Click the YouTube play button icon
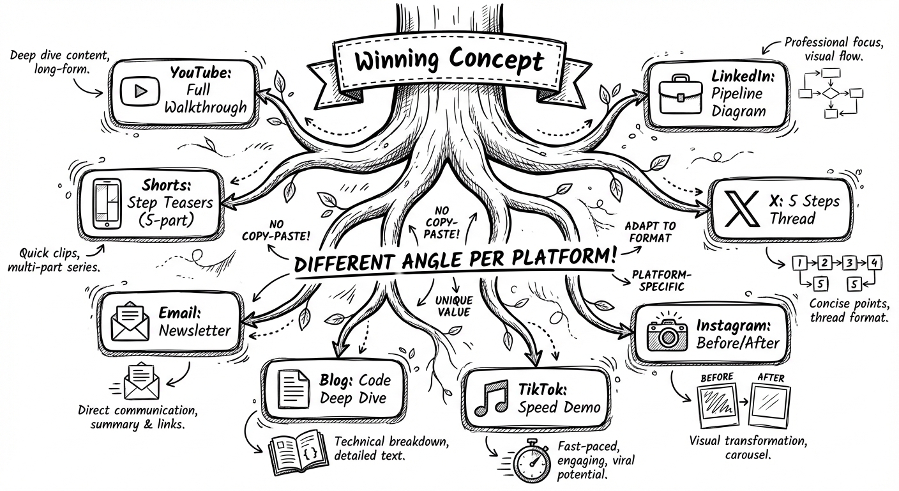(x=140, y=91)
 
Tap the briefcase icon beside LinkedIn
(x=681, y=94)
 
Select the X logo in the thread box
(x=741, y=208)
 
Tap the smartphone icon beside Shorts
(x=107, y=204)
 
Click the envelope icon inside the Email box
(x=130, y=321)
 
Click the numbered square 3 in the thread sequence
(x=849, y=263)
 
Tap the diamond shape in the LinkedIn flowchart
(x=831, y=93)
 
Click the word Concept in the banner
(x=496, y=60)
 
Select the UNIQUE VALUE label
(x=454, y=306)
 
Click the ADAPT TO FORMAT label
(x=650, y=232)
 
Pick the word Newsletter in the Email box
(x=195, y=331)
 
